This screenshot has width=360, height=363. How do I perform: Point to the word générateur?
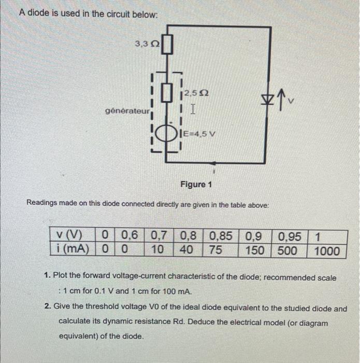pyautogui.click(x=127, y=111)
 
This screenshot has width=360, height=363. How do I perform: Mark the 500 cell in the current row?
pyautogui.click(x=287, y=250)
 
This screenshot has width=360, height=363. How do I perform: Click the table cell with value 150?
pyautogui.click(x=254, y=250)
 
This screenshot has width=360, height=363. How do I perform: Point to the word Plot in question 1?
pyautogui.click(x=67, y=278)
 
